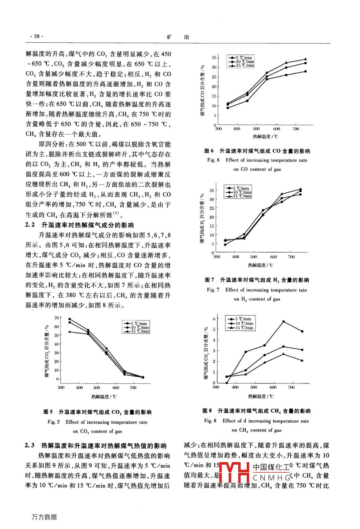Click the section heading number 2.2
(x=30, y=225)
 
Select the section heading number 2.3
(x=30, y=446)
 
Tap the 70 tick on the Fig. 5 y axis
(x=56, y=318)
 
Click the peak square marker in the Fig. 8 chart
(x=283, y=322)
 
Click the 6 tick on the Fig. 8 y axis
(x=214, y=319)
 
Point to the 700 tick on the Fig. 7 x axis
(x=291, y=257)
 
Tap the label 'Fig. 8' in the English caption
(x=210, y=421)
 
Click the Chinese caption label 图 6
(x=209, y=151)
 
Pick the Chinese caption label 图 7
(x=209, y=280)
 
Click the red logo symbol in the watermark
(x=234, y=472)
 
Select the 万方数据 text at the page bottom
(x=44, y=517)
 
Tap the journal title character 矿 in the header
(x=169, y=37)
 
